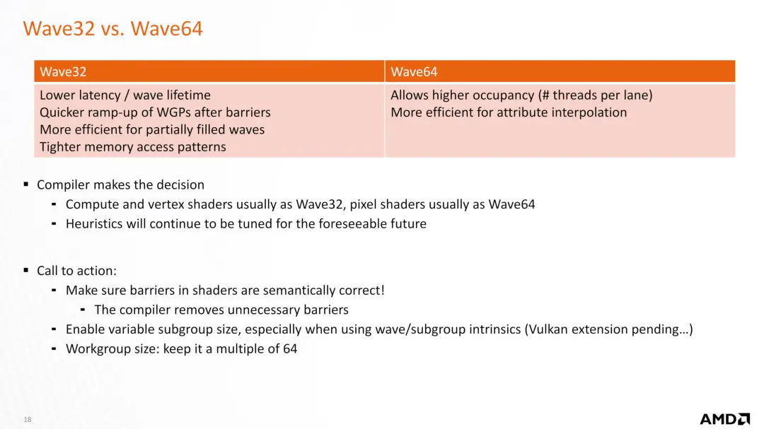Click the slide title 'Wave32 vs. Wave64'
coord(112,28)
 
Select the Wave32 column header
coord(63,71)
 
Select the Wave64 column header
coord(414,71)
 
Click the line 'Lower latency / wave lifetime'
coord(125,95)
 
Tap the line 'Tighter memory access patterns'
coord(132,147)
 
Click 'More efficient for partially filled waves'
coord(152,129)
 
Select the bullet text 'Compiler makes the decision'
coord(120,185)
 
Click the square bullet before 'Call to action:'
coord(26,270)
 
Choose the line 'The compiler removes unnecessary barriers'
coord(221,310)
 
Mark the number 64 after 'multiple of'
coord(290,348)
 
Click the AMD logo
coord(725,419)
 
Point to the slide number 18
coord(28,419)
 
